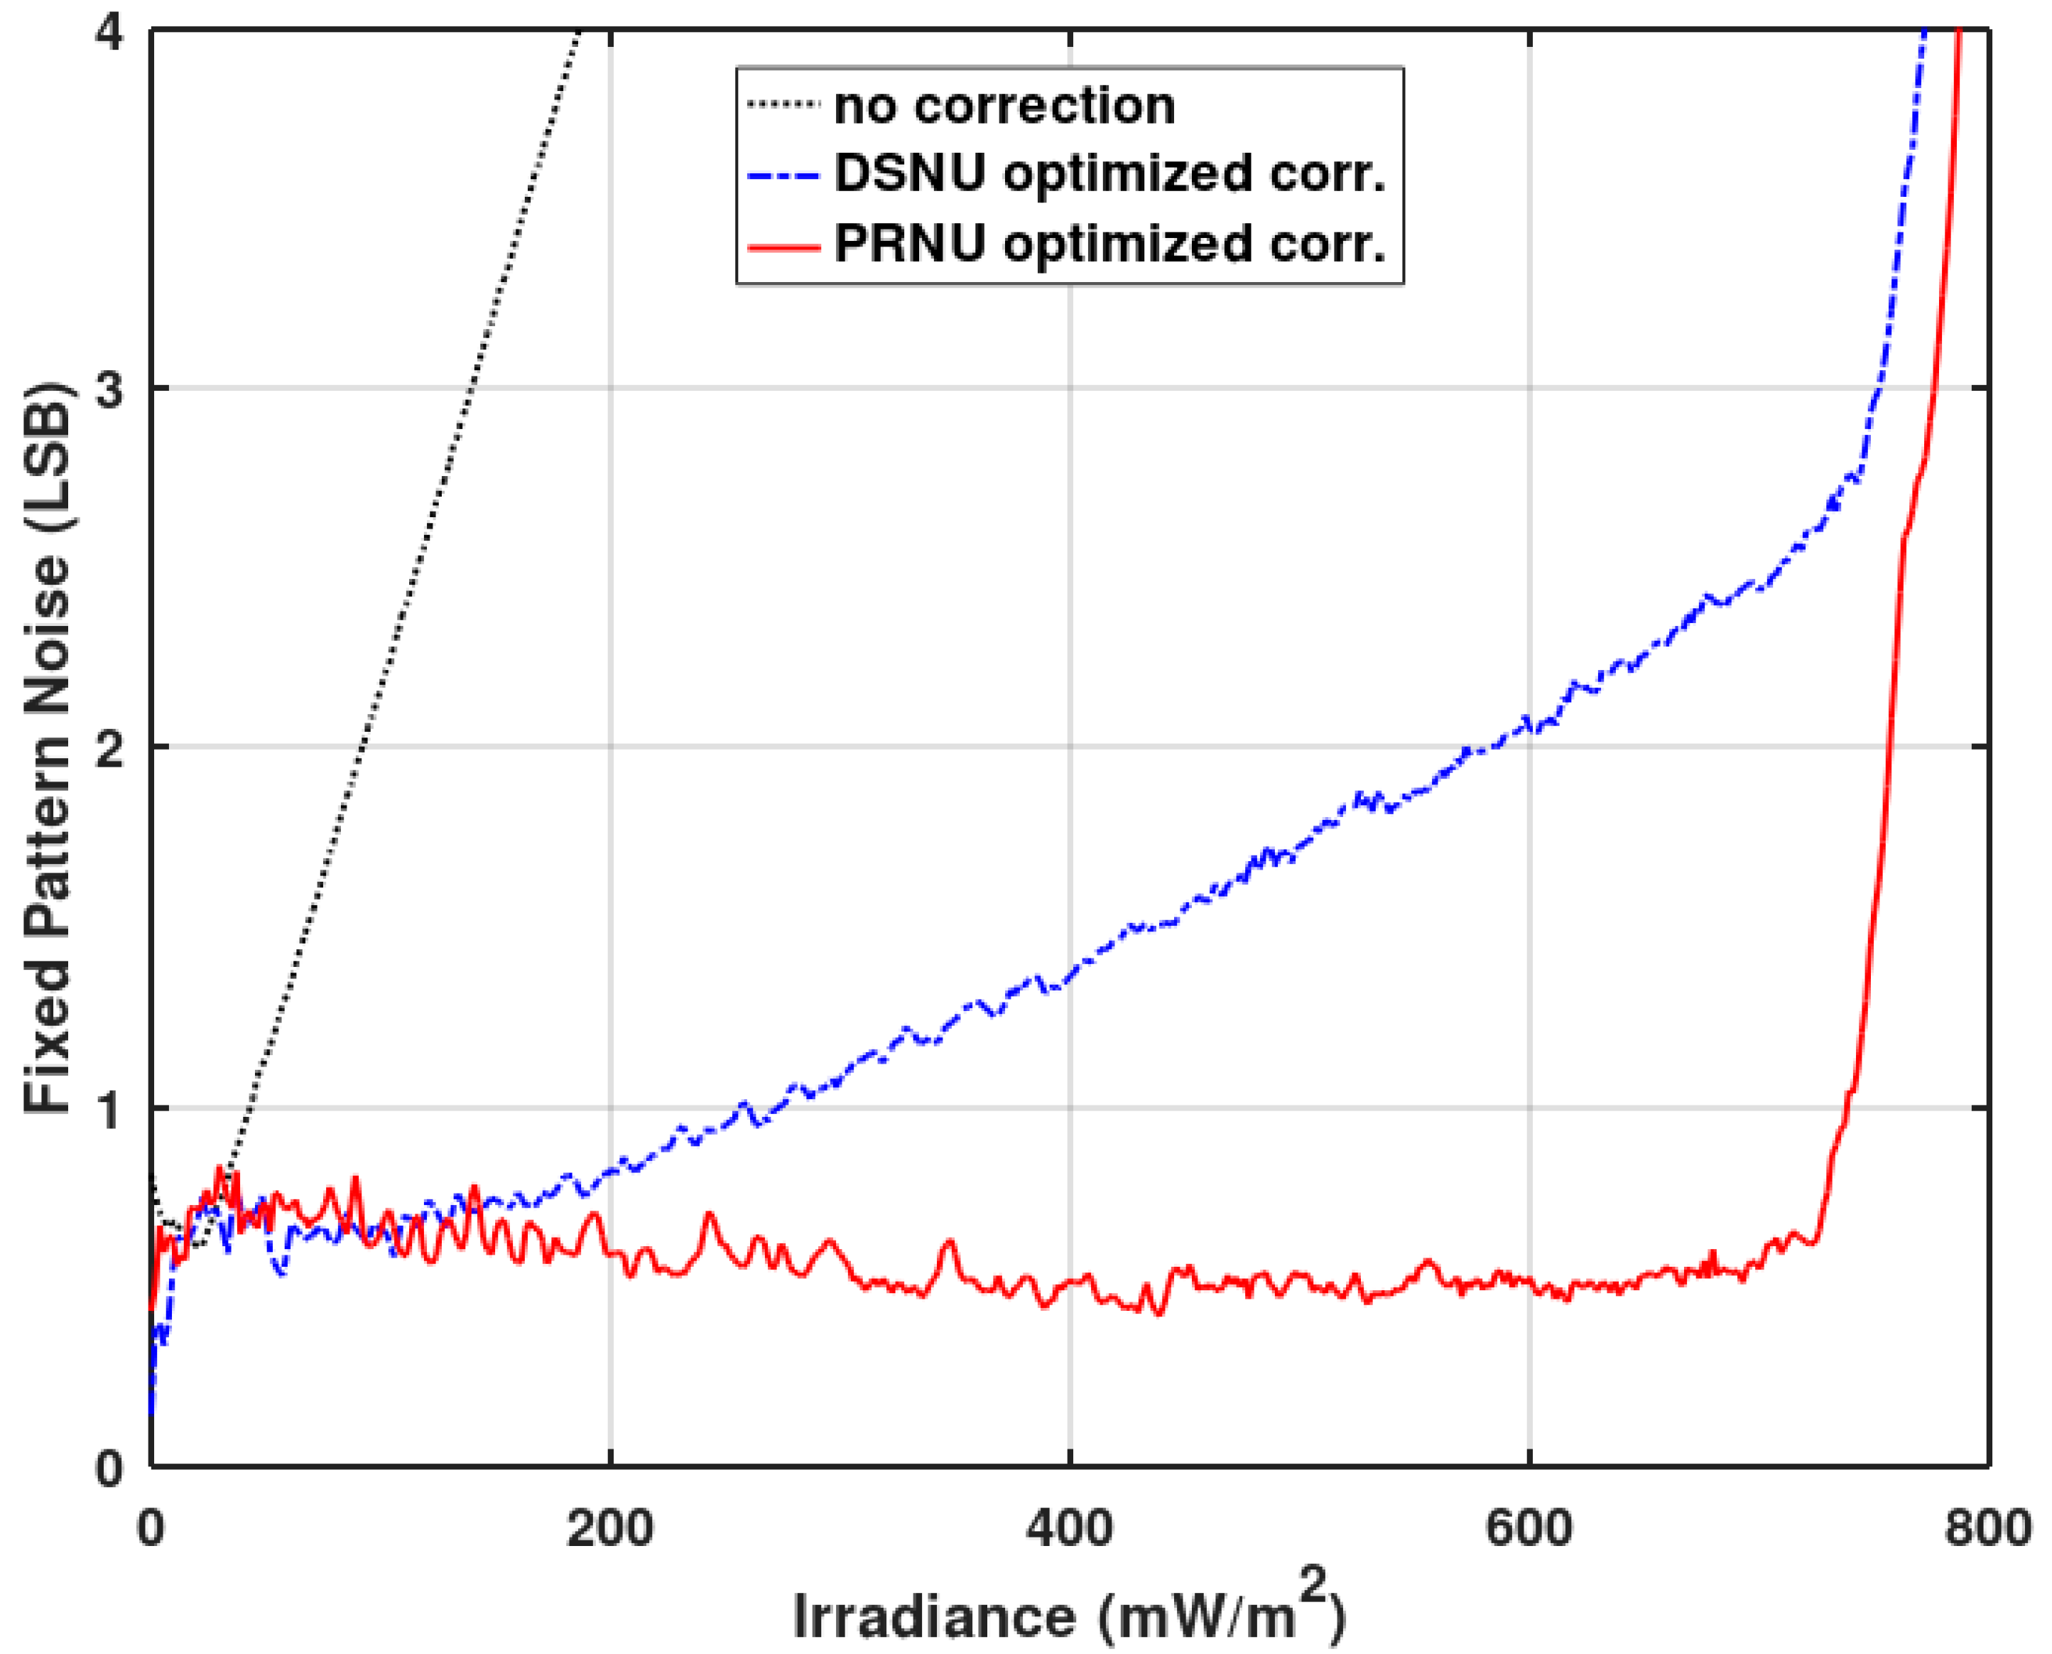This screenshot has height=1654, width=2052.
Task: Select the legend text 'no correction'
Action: (1004, 106)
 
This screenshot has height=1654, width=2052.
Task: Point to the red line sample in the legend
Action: (783, 246)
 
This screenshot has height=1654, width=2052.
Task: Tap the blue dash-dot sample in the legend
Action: (783, 176)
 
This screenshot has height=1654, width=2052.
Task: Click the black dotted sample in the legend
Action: (783, 105)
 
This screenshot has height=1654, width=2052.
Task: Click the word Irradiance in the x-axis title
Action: (933, 1616)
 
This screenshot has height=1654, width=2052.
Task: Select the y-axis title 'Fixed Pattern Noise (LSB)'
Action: (48, 748)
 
